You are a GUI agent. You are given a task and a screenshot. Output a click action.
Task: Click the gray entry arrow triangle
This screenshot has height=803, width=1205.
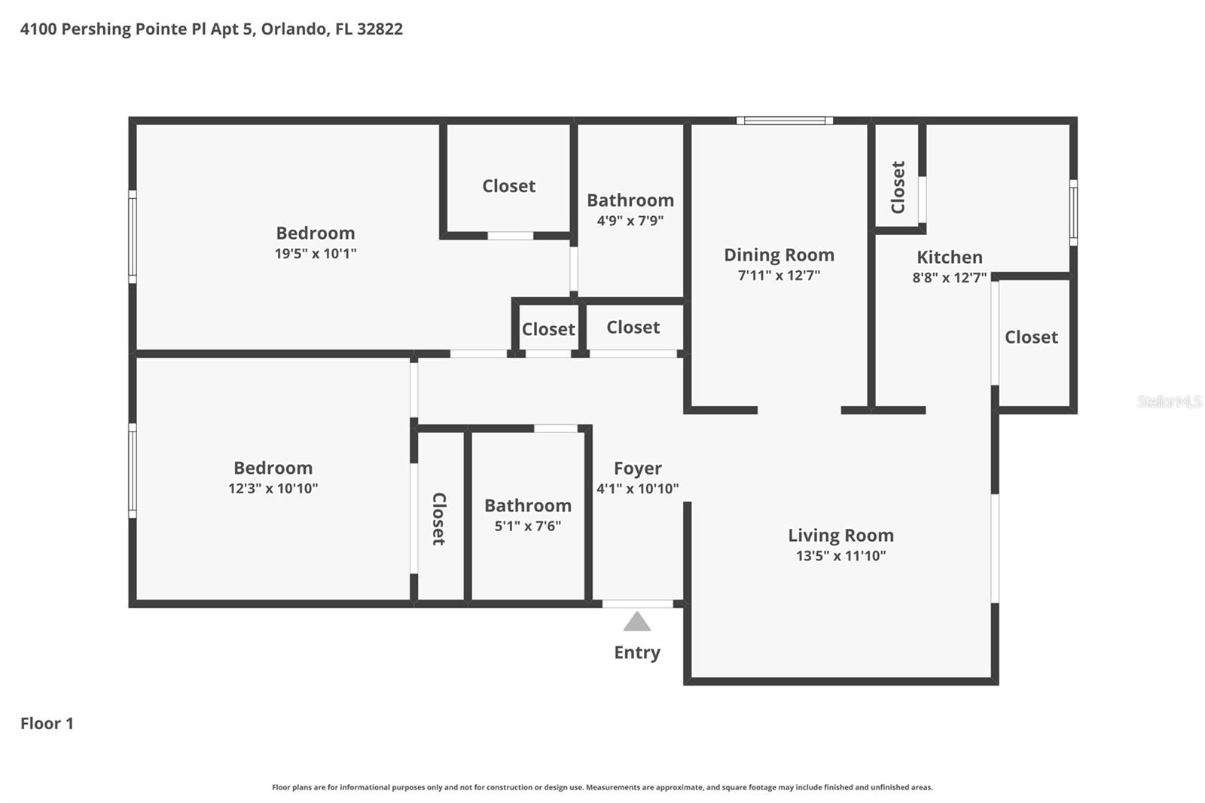tap(637, 623)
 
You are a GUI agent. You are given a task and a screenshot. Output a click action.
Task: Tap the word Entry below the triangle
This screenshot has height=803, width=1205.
tap(637, 652)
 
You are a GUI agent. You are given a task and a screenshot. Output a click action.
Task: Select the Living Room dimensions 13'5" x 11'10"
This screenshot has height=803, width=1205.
tap(840, 556)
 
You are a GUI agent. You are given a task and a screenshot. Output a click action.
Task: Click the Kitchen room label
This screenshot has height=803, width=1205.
tap(949, 257)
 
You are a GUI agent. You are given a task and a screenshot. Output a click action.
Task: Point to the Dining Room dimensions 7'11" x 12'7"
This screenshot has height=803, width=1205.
tap(779, 275)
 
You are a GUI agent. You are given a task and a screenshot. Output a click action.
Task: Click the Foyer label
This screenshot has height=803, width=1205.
tap(637, 469)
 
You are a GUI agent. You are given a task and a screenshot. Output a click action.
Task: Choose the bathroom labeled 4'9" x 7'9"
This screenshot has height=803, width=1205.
tap(630, 209)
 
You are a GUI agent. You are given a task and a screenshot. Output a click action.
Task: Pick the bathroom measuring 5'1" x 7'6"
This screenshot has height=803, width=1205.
tap(527, 514)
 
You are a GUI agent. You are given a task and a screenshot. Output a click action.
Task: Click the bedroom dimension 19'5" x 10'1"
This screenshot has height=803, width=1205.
tap(315, 254)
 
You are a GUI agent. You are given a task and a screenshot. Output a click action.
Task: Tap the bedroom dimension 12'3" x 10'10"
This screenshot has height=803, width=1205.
tap(273, 488)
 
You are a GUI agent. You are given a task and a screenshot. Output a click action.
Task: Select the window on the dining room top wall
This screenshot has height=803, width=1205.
tap(784, 121)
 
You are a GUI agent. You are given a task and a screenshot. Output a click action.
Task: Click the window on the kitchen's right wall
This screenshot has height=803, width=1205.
tap(1073, 212)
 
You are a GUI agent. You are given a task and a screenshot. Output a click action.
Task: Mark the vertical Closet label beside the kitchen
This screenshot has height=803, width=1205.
tap(898, 187)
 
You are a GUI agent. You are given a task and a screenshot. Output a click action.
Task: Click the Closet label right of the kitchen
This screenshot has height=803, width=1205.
tap(1031, 337)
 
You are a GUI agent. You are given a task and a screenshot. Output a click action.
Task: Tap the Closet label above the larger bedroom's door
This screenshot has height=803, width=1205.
tap(508, 186)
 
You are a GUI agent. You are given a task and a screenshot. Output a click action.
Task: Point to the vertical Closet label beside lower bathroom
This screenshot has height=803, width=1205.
tap(439, 518)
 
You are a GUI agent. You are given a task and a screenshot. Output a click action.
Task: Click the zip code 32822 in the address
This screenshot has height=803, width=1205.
tap(380, 29)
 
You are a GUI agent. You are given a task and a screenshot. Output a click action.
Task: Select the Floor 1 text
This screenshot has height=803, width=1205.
tap(47, 723)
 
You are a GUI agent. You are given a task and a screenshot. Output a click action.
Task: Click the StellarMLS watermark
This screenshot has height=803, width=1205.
tap(1169, 401)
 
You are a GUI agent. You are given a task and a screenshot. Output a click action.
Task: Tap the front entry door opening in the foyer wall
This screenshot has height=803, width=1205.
tap(637, 603)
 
